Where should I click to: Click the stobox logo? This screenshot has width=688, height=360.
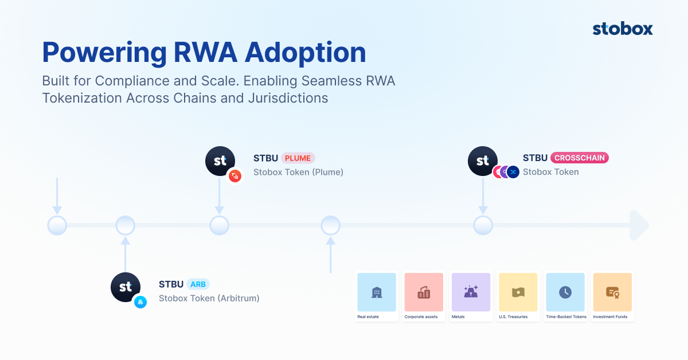click(x=623, y=29)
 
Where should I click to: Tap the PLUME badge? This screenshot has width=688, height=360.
click(x=298, y=158)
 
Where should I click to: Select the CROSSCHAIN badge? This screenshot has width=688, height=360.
click(x=579, y=158)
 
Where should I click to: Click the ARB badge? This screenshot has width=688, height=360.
click(x=198, y=284)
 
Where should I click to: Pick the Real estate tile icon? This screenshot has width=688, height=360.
click(x=377, y=292)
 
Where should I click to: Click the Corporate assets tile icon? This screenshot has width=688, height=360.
click(x=424, y=292)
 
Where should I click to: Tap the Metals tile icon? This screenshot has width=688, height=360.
click(x=471, y=292)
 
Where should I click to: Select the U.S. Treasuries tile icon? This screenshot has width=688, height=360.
click(x=518, y=292)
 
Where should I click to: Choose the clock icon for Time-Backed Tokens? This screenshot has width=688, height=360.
click(x=565, y=292)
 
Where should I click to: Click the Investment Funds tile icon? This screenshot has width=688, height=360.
click(x=612, y=293)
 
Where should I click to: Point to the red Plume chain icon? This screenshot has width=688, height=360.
click(x=235, y=176)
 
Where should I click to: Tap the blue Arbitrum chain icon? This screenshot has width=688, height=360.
click(x=140, y=302)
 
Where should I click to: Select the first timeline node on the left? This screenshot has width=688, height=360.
click(x=57, y=225)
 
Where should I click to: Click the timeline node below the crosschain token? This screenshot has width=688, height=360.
click(x=483, y=225)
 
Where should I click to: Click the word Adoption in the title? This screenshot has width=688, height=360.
click(x=305, y=53)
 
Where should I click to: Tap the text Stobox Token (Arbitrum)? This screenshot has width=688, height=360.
click(x=209, y=298)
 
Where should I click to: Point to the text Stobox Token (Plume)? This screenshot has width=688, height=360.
click(x=298, y=172)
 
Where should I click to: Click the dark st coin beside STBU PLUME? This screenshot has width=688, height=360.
click(x=220, y=161)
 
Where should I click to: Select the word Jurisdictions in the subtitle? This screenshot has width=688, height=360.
click(x=288, y=99)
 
